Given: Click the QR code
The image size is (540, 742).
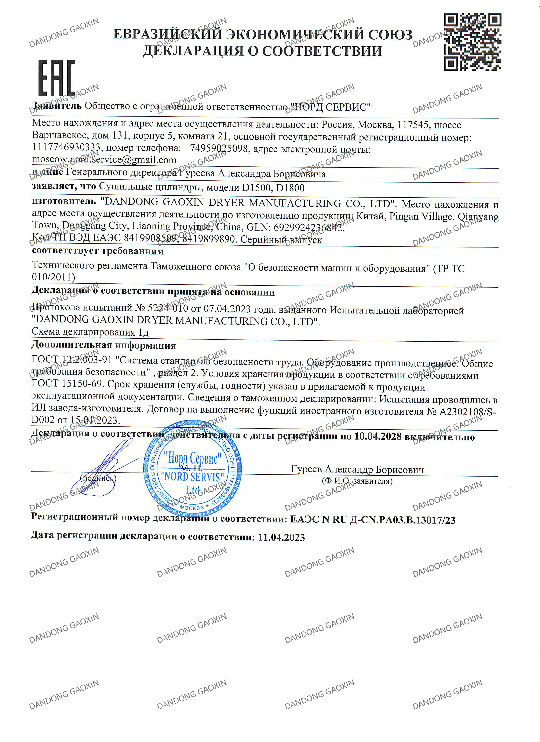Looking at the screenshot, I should tap(472, 41).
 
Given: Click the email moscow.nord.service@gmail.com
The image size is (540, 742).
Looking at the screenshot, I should tap(104, 160).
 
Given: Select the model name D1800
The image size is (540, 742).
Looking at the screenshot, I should tap(290, 188).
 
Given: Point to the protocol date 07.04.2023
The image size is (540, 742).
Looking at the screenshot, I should tap(227, 309).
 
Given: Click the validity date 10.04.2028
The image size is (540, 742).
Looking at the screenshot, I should tap(378, 436).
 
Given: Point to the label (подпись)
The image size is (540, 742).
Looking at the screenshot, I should tap(98, 478).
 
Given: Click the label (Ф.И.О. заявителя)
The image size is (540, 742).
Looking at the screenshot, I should tap(357, 481).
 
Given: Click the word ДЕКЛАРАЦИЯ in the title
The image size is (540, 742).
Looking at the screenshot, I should tap(193, 51).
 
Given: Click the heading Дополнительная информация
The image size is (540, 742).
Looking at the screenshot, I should tap(103, 345).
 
